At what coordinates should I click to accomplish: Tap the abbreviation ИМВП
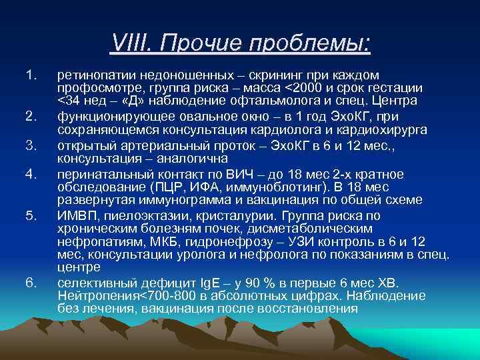pos(75,216)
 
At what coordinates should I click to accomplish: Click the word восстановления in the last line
pos(309,309)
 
